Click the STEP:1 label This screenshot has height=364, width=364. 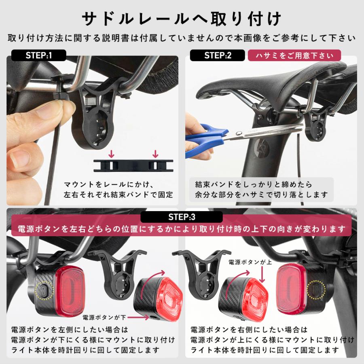point(39,55)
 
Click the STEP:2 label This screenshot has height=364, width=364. point(217,55)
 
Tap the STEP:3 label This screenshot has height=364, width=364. point(181,217)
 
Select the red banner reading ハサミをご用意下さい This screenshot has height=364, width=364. point(294,55)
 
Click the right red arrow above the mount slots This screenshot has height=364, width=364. point(155,154)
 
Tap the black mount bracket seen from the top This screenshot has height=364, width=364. point(133,165)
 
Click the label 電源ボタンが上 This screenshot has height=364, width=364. point(248,262)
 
